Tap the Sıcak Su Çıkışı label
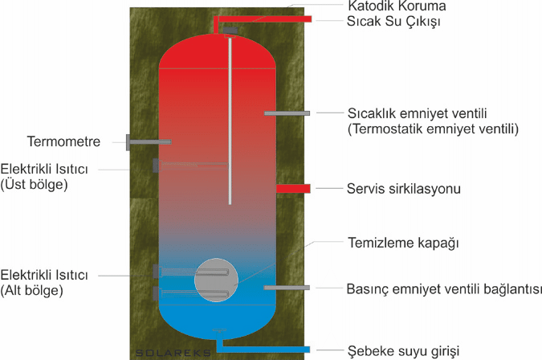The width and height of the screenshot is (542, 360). click(x=394, y=21)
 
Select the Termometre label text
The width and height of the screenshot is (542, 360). click(x=63, y=142)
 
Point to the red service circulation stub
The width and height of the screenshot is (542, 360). click(x=293, y=189)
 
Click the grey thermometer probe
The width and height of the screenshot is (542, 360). click(x=149, y=142)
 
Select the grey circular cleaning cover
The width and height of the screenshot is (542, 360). click(x=216, y=280)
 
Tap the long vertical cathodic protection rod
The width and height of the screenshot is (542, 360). click(x=230, y=121)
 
